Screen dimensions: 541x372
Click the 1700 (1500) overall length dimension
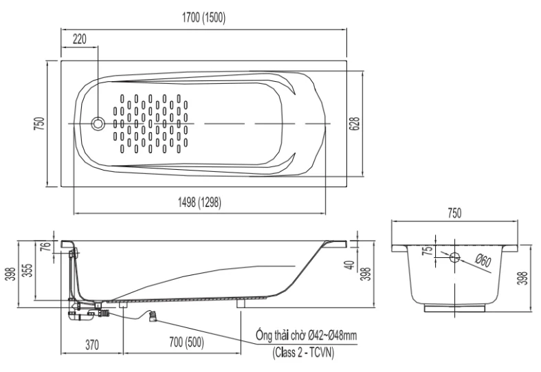pos(203,18)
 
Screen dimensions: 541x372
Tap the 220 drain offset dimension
pos(79,39)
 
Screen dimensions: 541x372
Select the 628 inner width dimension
pos(355,124)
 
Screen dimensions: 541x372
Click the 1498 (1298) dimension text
pos(199,203)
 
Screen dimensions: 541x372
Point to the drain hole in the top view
pos(98,124)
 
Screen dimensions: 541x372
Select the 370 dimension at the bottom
pos(92,344)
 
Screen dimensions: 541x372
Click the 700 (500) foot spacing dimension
pos(187,342)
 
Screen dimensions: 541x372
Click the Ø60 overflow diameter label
pos(483,261)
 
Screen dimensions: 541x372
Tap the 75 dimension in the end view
pos(428,251)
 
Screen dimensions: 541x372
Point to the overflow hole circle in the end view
pos(455,257)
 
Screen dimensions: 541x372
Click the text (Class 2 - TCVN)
pos(304,353)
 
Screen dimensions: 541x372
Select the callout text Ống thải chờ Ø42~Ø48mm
pos(306,335)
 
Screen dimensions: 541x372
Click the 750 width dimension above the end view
pos(454,213)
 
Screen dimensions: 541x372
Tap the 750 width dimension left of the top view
pos(41,124)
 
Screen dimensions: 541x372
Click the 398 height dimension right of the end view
pos(523,278)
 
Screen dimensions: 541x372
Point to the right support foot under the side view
pos(241,303)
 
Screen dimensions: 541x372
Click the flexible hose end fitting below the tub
pos(153,316)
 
